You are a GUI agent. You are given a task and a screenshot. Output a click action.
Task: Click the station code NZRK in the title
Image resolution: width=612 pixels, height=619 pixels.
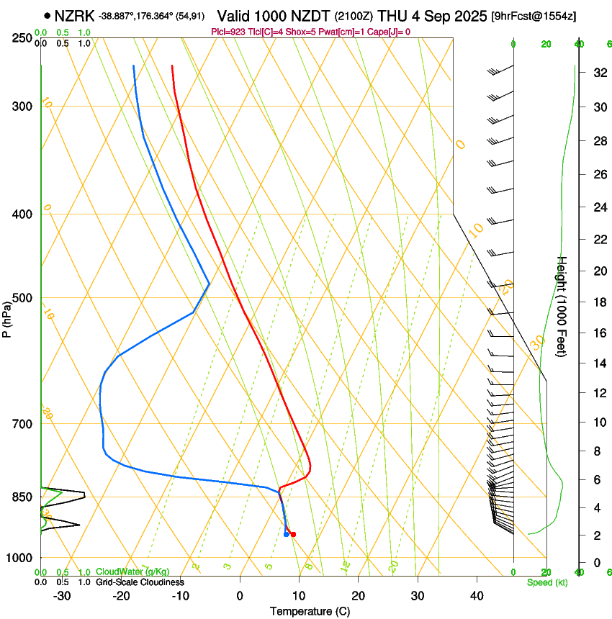pyautogui.click(x=75, y=16)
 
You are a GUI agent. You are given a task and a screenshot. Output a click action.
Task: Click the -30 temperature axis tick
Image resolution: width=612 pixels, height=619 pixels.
pyautogui.click(x=62, y=595)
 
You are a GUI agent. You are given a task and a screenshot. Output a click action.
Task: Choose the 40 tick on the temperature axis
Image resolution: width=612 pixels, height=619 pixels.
pyautogui.click(x=477, y=595)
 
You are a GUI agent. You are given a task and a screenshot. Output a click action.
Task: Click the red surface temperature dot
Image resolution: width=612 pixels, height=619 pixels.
pyautogui.click(x=293, y=534)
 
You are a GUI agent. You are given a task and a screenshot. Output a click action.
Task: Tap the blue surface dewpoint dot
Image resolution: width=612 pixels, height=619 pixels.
pyautogui.click(x=287, y=534)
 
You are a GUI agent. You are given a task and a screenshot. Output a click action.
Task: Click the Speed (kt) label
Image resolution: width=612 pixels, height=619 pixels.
pyautogui.click(x=546, y=582)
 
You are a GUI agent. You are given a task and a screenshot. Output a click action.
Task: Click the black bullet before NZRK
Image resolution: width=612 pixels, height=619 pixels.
pyautogui.click(x=48, y=16)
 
